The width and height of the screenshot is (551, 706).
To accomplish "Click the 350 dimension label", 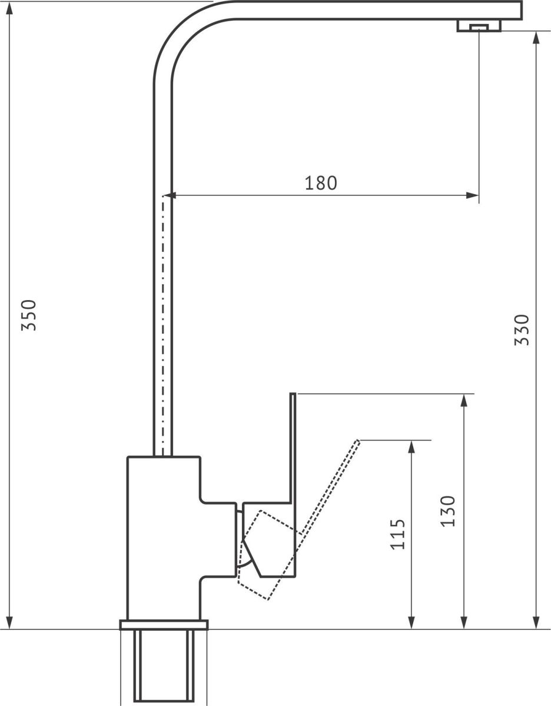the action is click(29, 315).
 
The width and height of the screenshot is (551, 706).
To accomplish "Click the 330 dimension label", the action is click(522, 329).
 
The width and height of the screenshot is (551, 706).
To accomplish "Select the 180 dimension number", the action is click(320, 183).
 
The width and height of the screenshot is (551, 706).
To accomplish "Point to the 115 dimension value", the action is click(397, 535).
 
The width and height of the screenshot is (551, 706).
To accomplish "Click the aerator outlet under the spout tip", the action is click(479, 26).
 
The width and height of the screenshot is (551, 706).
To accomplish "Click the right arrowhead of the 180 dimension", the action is click(472, 195).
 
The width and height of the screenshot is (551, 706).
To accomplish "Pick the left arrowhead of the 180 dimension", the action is click(170, 195).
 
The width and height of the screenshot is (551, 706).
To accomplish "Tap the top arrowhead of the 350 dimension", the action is click(9, 8).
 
